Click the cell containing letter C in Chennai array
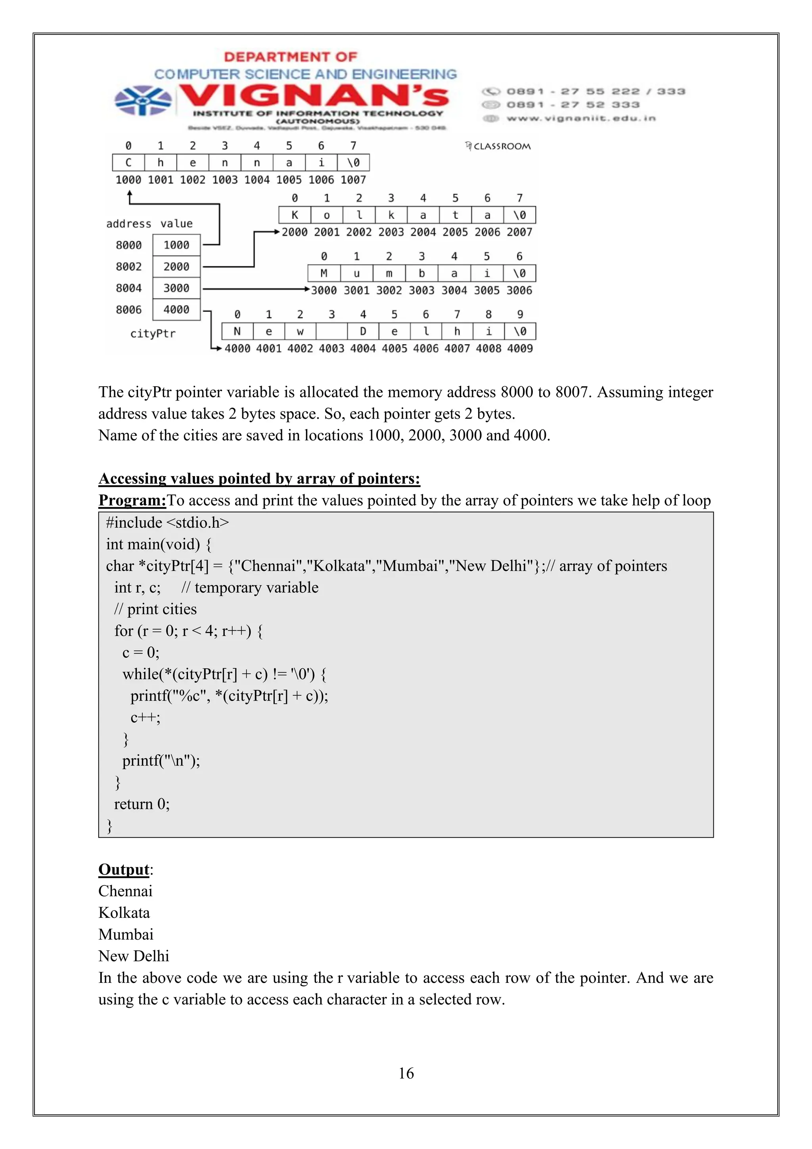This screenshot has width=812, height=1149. pos(128,163)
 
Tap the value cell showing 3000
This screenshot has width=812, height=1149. pos(176,288)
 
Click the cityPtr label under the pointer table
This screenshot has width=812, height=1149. pos(153,334)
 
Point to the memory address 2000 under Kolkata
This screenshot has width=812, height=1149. pos(294,232)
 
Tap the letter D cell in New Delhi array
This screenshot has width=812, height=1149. pos(363,331)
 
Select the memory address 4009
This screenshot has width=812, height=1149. pos(520,348)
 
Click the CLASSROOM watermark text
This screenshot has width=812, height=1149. pos(501,146)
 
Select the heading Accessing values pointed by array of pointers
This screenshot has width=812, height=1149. pos(259,479)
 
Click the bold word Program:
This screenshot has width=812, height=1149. pos(132,500)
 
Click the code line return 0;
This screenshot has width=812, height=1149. pos(142,804)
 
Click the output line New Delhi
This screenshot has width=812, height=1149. pos(134,956)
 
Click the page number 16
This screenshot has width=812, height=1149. pos(406,1073)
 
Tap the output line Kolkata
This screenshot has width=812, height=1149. pos(124,912)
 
